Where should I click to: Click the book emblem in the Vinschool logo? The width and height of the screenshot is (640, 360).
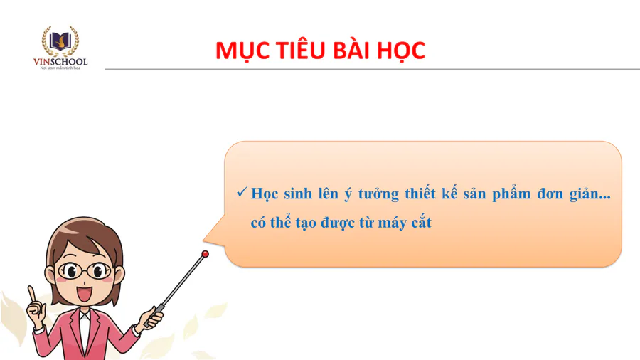(60, 41)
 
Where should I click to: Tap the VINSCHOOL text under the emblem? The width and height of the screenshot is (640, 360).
(60, 62)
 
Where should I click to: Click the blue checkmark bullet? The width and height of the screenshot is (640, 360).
(242, 191)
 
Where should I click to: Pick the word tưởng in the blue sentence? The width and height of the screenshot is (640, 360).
(378, 194)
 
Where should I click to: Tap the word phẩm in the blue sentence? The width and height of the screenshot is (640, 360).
(511, 194)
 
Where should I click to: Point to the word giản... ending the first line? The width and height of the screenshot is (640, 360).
(590, 194)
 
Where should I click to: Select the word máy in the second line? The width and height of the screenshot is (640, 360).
(390, 223)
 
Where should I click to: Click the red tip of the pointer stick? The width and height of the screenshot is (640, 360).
(206, 254)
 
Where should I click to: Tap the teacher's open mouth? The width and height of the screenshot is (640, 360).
(85, 294)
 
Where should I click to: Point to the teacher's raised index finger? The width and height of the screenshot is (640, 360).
(31, 293)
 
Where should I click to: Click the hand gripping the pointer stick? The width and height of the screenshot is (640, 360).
(153, 317)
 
